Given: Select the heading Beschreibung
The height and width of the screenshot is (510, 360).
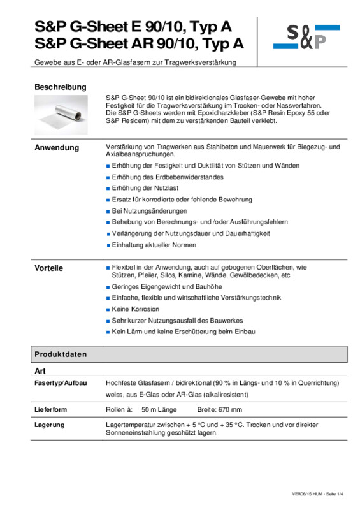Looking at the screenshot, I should pos(60,87).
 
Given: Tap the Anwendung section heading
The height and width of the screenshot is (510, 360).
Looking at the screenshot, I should pos(57,148).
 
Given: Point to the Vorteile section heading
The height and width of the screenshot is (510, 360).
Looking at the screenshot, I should pos(48,268).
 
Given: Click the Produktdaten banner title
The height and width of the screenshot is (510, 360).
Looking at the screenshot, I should pos(61,354).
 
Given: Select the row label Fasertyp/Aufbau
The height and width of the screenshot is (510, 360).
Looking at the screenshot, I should pos(60,383).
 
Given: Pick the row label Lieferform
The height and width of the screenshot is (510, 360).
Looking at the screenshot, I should pos(50,409).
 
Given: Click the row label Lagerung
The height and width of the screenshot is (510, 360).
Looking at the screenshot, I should pos(48,425).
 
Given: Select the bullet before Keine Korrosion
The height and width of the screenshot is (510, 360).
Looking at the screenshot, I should pos(108,310).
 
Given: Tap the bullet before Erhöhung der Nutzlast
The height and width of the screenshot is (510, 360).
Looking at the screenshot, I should pos(108,189).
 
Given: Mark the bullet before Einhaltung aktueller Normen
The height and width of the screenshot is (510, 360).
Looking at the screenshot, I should pos(108,245).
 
